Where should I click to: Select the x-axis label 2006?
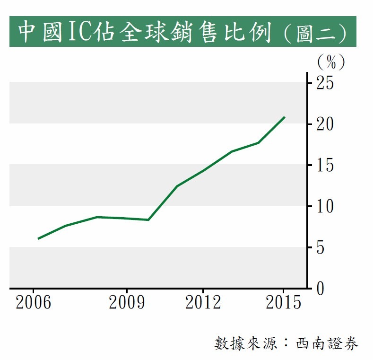[33, 303]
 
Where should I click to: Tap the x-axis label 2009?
[127, 303]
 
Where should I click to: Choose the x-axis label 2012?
[203, 303]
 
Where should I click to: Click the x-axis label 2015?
[283, 303]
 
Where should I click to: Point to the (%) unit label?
[330, 61]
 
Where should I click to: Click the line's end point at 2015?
[284, 117]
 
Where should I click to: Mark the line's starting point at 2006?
[38, 238]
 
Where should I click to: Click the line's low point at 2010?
[148, 220]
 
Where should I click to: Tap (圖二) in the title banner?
[316, 32]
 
